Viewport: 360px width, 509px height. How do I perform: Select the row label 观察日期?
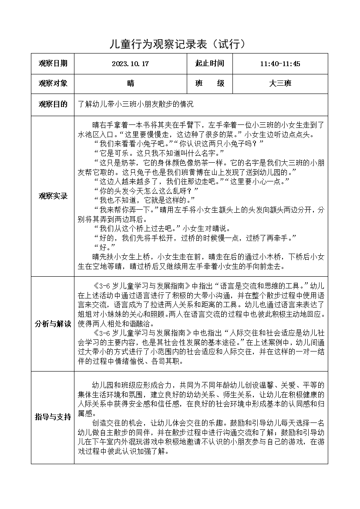click(x=53, y=64)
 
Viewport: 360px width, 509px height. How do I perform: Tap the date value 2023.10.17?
click(x=130, y=64)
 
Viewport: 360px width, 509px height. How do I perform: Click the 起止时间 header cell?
click(x=209, y=64)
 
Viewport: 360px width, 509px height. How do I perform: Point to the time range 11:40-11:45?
click(x=280, y=64)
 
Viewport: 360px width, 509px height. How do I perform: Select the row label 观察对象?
click(x=53, y=84)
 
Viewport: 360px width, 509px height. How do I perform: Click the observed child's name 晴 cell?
click(x=130, y=84)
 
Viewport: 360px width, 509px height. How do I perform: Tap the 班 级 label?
click(x=209, y=84)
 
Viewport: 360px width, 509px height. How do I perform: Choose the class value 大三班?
click(x=280, y=84)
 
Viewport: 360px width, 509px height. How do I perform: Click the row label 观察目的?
click(x=53, y=104)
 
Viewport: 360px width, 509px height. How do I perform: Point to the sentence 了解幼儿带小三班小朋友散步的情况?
click(x=135, y=104)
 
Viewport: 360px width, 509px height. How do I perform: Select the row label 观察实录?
click(x=53, y=196)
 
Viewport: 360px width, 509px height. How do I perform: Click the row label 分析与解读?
click(x=53, y=324)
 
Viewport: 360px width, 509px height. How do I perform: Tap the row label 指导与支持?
click(x=53, y=417)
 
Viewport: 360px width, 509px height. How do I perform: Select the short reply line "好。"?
click(x=101, y=247)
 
